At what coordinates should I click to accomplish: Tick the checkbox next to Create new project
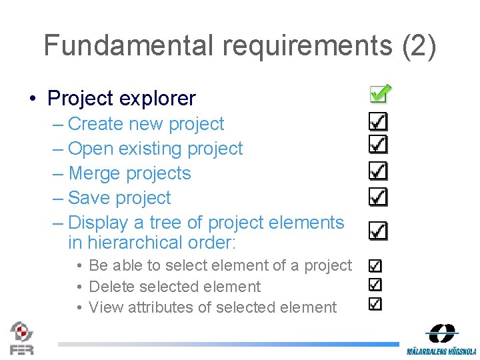[x=378, y=121]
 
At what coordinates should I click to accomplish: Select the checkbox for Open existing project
[x=378, y=145]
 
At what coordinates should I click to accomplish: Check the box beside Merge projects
[x=378, y=171]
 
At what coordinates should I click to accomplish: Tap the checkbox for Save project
[x=378, y=196]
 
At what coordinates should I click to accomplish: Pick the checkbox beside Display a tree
[x=378, y=231]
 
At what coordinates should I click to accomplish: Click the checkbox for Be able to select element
[x=375, y=265]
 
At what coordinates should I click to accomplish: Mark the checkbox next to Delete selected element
[x=375, y=285]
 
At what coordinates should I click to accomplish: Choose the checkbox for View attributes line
[x=375, y=304]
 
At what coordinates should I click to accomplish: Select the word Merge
[x=95, y=173]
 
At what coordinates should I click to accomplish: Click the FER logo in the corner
[x=22, y=337]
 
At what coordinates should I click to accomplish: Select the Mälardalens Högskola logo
[x=441, y=339]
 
